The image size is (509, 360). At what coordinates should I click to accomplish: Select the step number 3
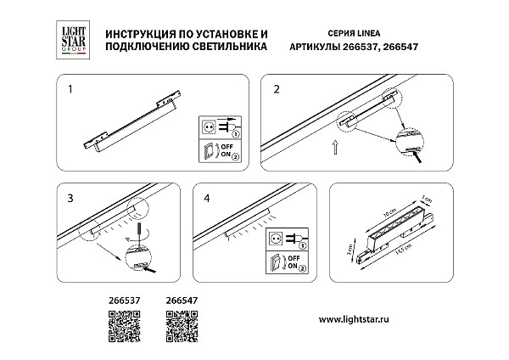tap(70, 197)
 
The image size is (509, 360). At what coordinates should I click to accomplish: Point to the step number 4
tap(209, 197)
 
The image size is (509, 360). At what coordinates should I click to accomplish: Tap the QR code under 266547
tap(179, 326)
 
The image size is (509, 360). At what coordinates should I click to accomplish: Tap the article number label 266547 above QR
tap(179, 300)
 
